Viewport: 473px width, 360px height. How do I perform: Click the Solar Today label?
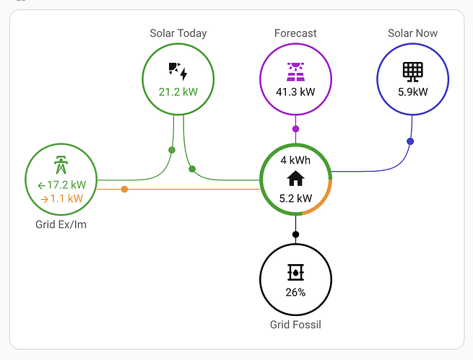tap(178, 33)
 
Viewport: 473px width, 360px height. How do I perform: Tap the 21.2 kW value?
tap(178, 92)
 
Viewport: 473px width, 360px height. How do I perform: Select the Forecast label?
tap(295, 33)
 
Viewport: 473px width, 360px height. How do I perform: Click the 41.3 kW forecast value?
tap(295, 92)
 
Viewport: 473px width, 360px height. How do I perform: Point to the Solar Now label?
tap(412, 33)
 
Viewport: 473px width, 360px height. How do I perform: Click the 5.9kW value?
tap(412, 92)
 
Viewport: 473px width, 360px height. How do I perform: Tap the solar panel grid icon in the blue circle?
tap(412, 71)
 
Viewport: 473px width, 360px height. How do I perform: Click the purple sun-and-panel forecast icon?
tap(295, 71)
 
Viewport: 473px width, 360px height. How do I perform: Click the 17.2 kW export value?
tap(66, 185)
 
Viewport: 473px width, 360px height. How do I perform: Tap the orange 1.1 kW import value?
tap(66, 198)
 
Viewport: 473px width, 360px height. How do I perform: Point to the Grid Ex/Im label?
tap(61, 224)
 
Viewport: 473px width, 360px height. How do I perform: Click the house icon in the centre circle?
tap(295, 178)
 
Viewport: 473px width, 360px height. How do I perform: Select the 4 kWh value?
tap(295, 159)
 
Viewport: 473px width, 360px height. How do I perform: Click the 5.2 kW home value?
tap(295, 198)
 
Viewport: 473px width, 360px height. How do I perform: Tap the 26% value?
tap(295, 292)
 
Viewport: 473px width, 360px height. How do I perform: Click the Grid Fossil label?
tap(295, 325)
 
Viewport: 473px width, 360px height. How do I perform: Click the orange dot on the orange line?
tap(124, 189)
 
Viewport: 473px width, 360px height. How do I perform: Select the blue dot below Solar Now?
tap(410, 141)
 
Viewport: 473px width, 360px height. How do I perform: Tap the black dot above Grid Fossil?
tap(295, 234)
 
